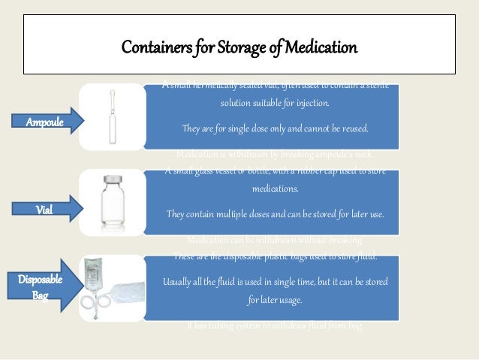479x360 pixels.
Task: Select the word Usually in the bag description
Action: pos(179,282)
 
